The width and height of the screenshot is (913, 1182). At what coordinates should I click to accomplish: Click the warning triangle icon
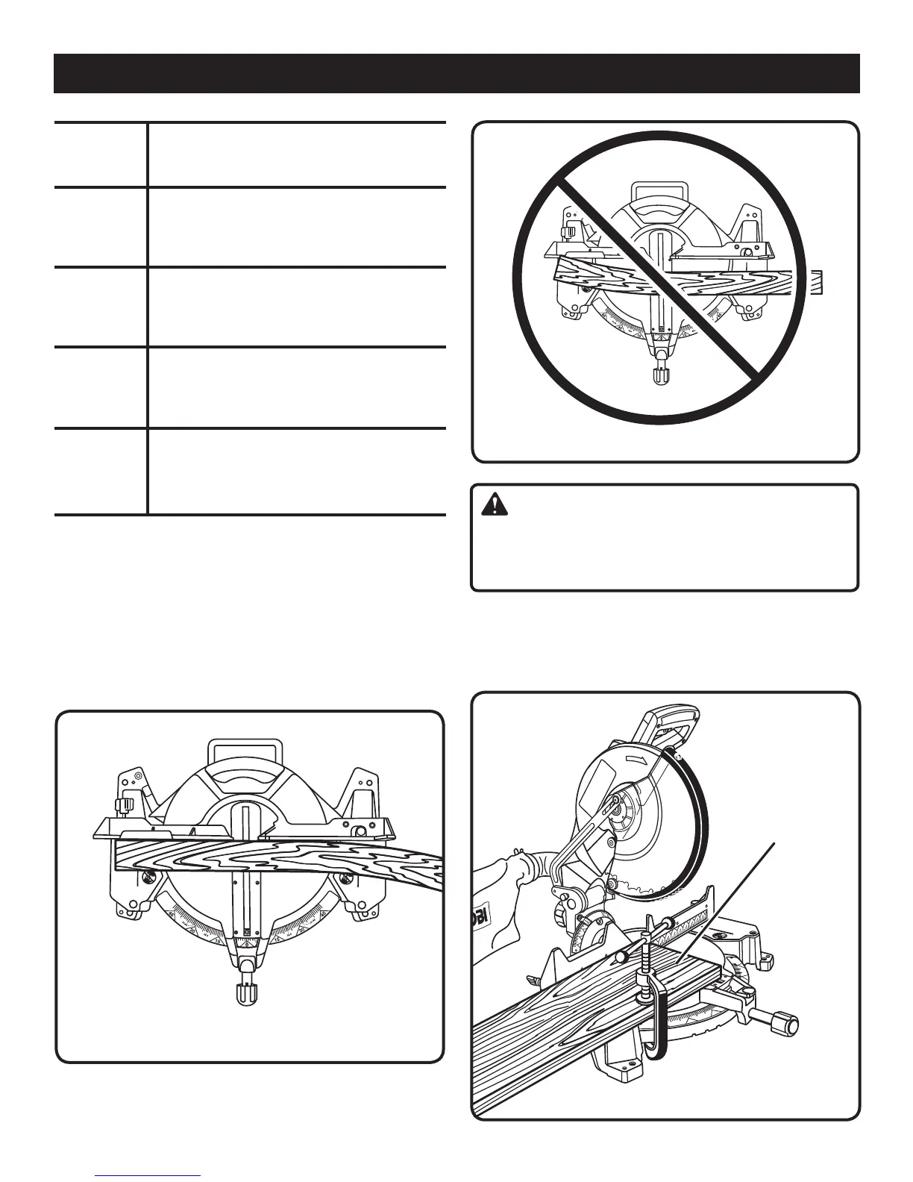492,505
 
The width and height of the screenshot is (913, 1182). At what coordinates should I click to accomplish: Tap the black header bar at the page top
456,72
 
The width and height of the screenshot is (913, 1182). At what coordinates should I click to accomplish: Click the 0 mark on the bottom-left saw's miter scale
246,932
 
